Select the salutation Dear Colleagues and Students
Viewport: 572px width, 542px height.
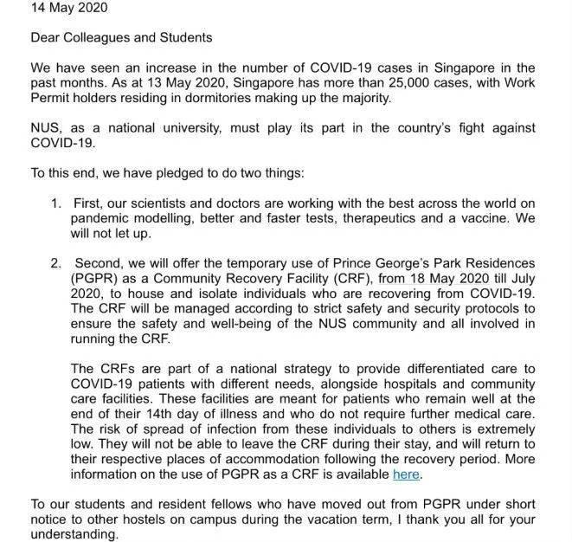click(121, 38)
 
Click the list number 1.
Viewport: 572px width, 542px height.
click(55, 203)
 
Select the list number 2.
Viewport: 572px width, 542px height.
click(55, 263)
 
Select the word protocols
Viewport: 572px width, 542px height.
click(490, 308)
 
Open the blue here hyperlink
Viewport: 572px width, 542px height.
click(406, 474)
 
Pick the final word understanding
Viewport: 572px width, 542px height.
click(74, 534)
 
